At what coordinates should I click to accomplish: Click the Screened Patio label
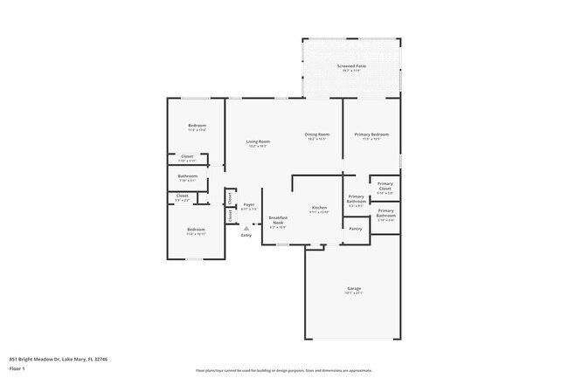tap(351, 66)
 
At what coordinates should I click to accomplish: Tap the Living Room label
tap(257, 141)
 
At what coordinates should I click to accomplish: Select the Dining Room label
tap(316, 134)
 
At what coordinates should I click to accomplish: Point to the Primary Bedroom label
tap(371, 134)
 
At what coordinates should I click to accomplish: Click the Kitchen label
tap(319, 208)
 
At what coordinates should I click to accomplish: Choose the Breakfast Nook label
tap(278, 220)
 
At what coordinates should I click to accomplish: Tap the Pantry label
tap(355, 229)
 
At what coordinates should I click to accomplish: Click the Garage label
tap(354, 289)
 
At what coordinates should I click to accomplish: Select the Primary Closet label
tap(385, 185)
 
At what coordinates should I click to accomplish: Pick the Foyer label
tap(249, 204)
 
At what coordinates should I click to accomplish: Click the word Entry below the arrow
tap(246, 235)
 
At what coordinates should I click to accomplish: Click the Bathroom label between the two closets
tap(187, 176)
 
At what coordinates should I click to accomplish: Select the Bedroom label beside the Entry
tap(196, 230)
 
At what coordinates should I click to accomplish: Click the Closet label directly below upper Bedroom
tap(187, 156)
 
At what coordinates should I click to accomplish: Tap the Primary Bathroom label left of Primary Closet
tap(356, 198)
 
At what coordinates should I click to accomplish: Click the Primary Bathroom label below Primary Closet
tap(385, 213)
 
